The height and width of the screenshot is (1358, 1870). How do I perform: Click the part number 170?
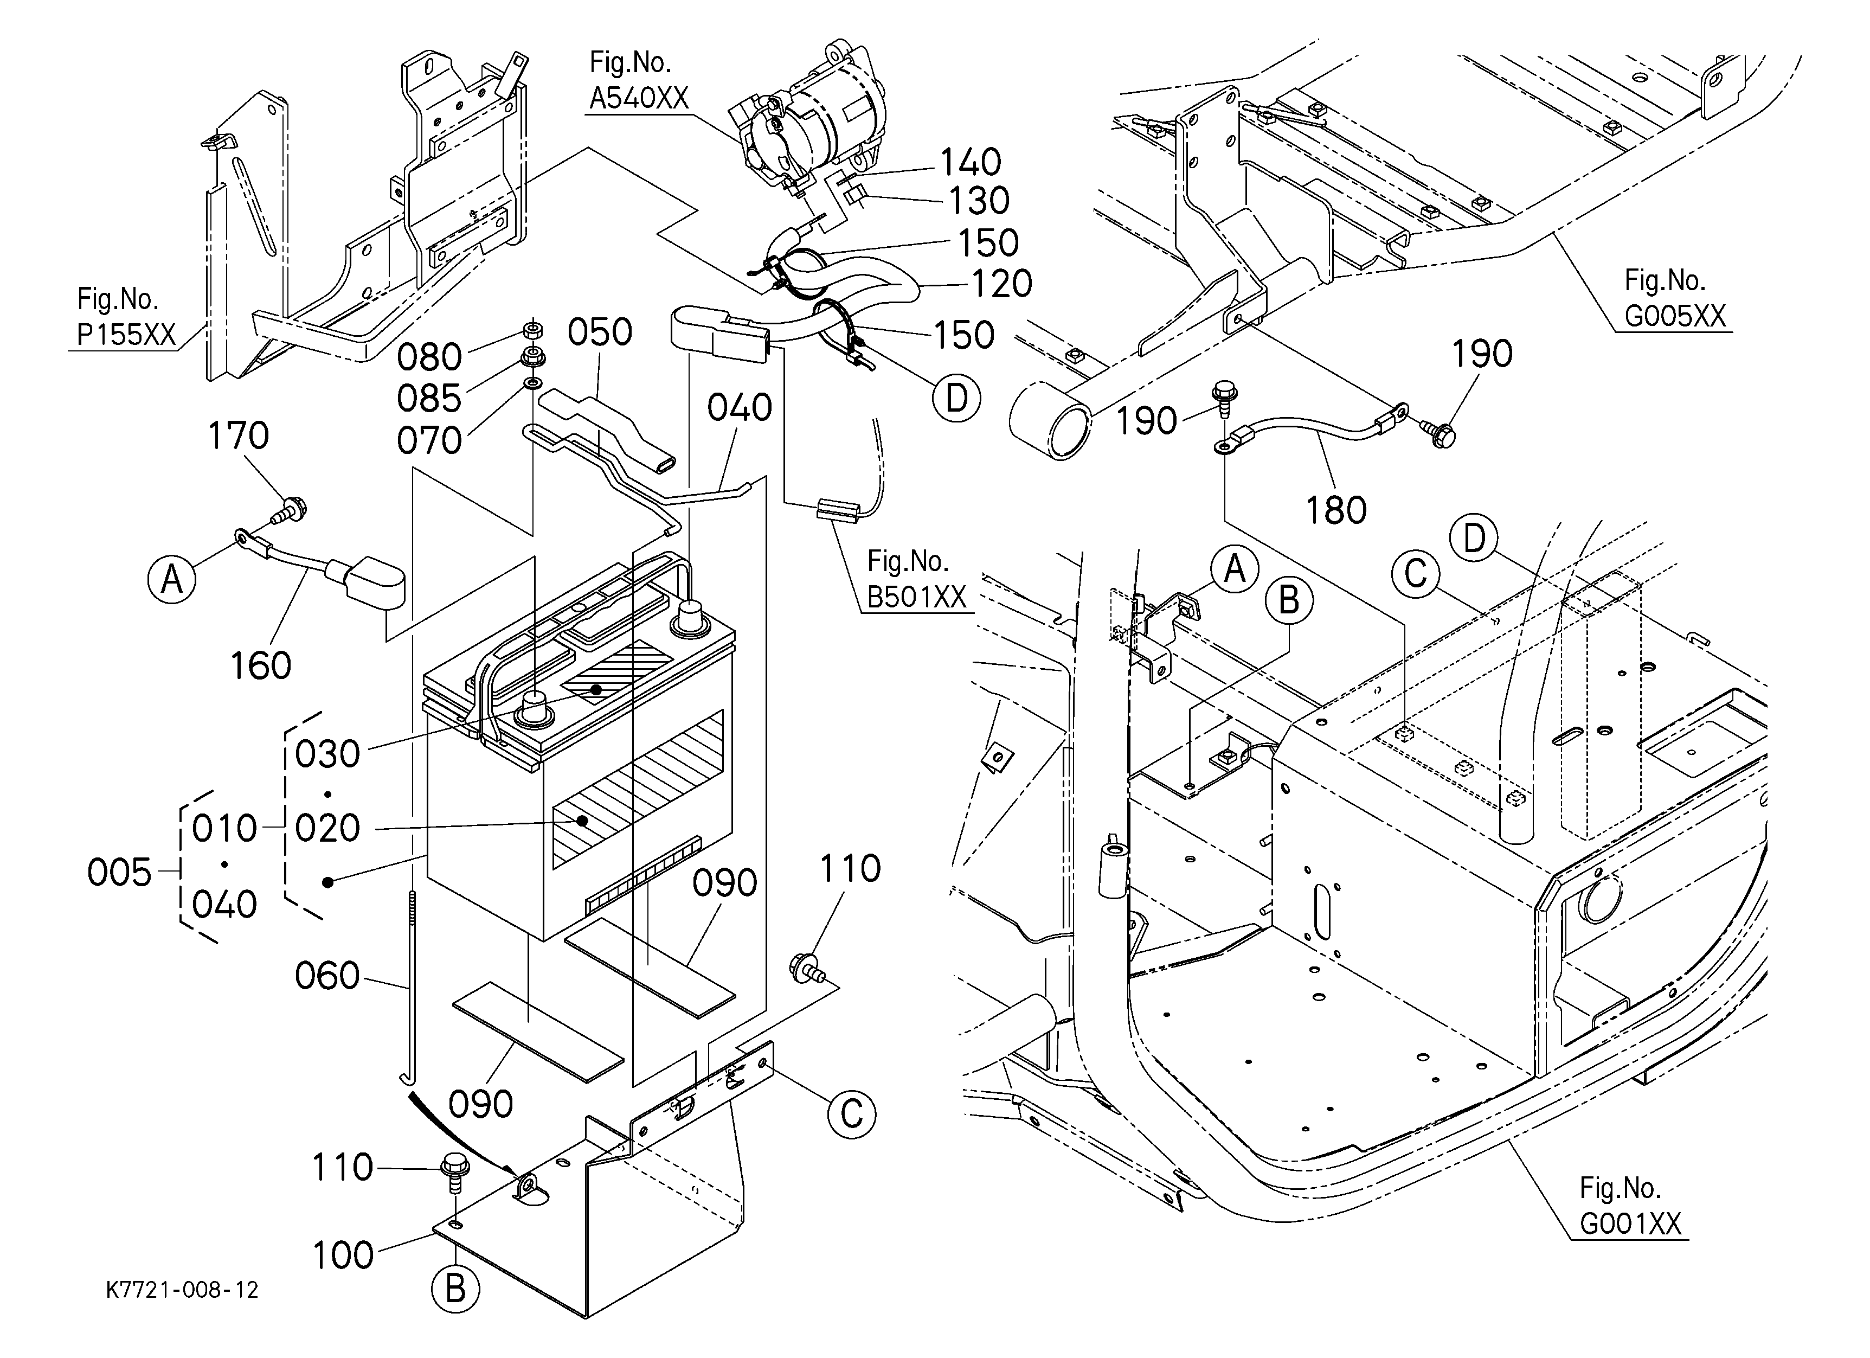[x=238, y=435]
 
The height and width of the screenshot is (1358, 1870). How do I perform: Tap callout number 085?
[x=429, y=398]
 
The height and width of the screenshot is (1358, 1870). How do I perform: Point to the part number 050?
[x=600, y=332]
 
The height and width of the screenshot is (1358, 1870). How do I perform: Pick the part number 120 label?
[x=1002, y=284]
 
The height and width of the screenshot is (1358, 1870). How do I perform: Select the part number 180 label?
[x=1336, y=510]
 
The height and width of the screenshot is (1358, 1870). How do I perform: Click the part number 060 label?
[x=327, y=976]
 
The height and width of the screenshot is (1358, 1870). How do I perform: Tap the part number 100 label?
[x=343, y=1255]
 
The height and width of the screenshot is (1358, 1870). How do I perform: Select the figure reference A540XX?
[x=639, y=99]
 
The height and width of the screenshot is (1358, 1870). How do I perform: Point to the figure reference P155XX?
[x=126, y=335]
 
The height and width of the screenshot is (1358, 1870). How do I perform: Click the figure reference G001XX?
[x=1630, y=1225]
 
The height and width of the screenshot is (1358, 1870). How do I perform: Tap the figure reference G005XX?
[x=1675, y=316]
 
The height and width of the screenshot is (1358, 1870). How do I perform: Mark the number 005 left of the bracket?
[x=120, y=873]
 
